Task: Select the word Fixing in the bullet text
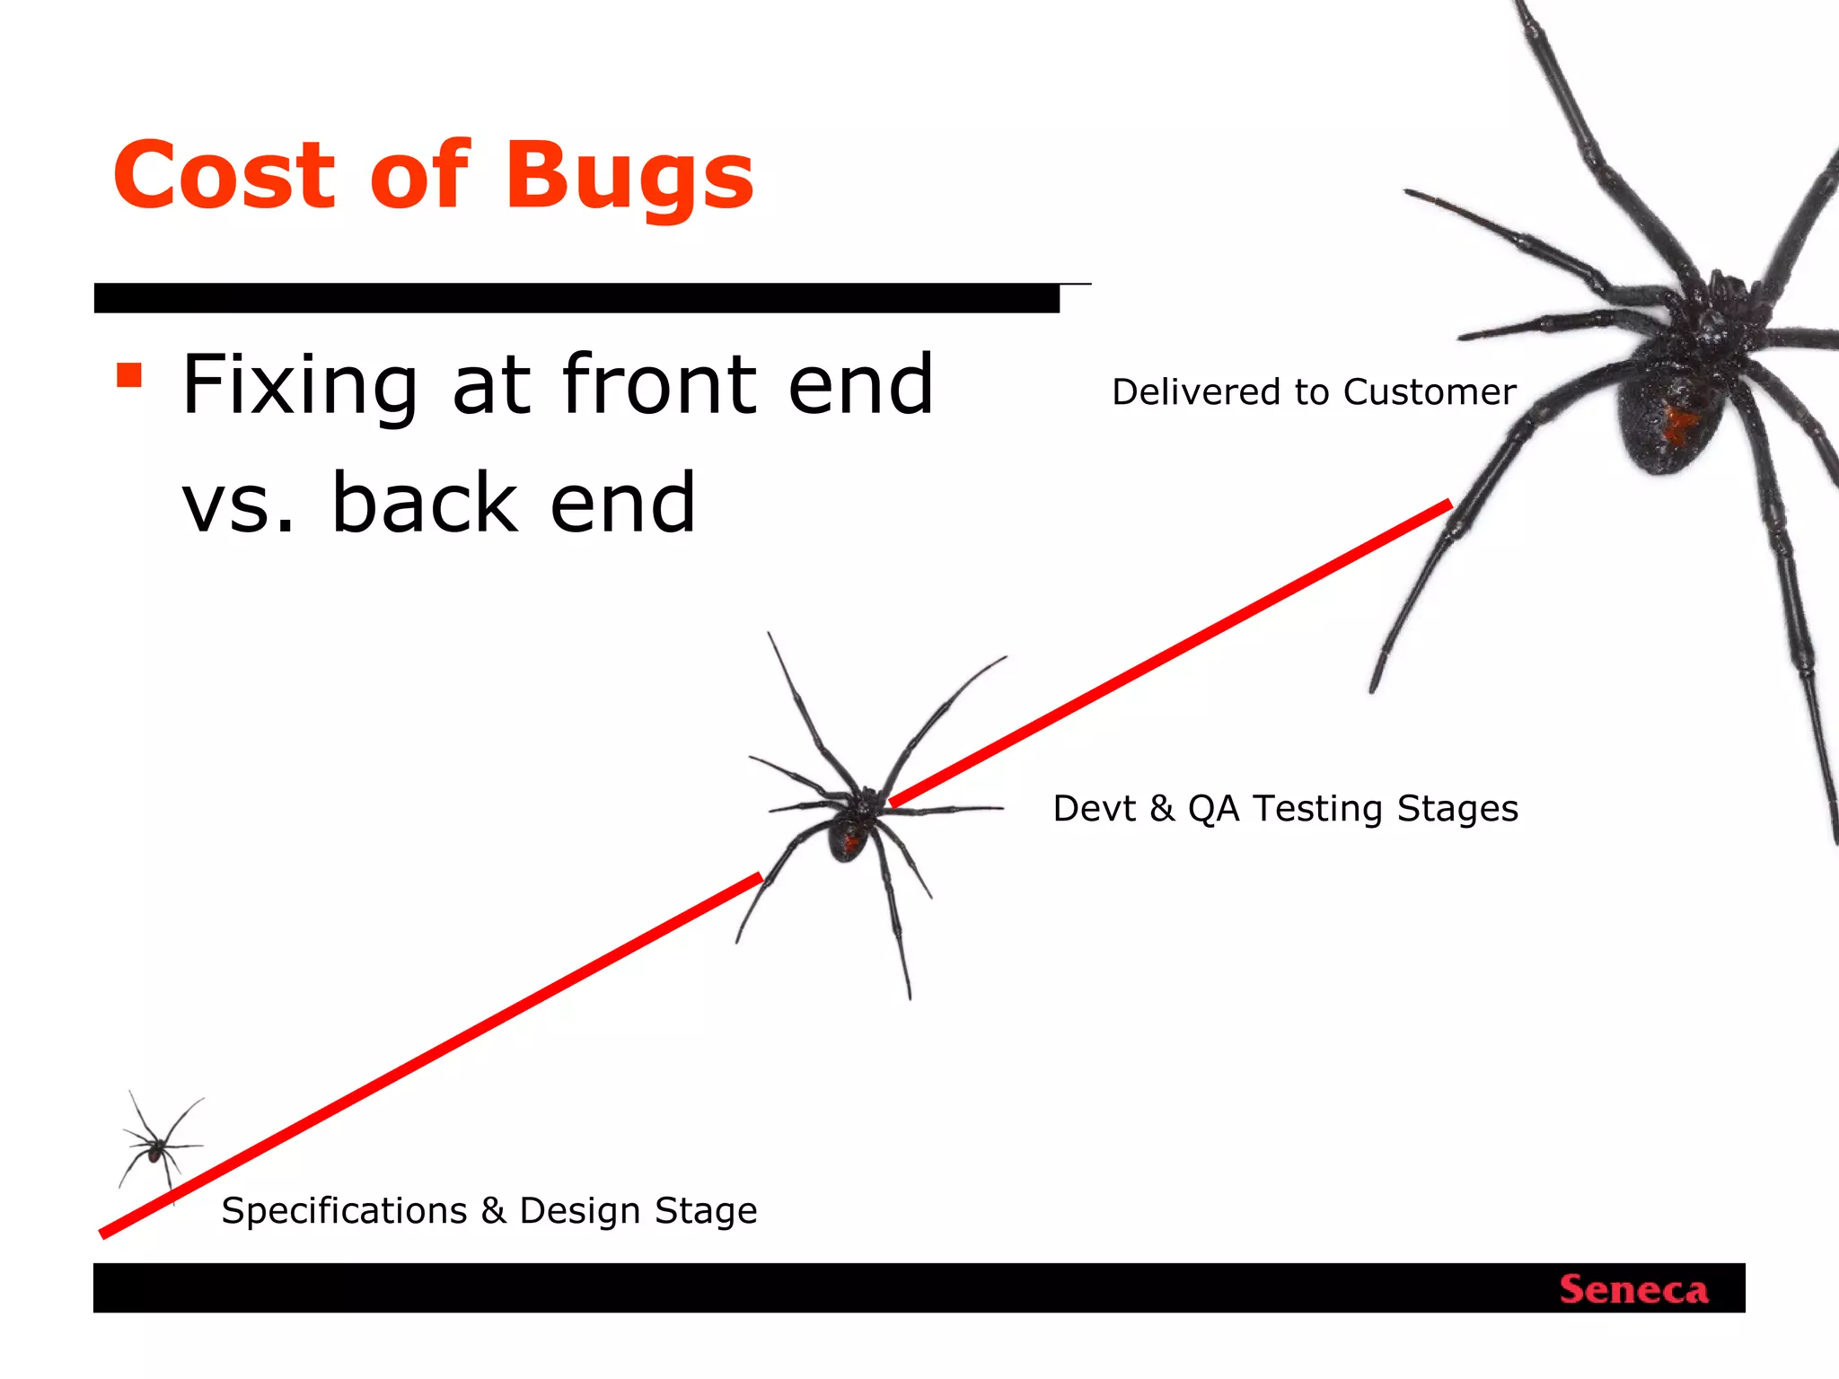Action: click(x=300, y=386)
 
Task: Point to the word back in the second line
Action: click(x=425, y=503)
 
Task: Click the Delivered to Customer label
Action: click(x=1314, y=392)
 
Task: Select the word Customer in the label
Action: click(x=1430, y=392)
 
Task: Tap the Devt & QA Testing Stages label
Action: click(x=1285, y=809)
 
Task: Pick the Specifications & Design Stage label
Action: click(x=489, y=1211)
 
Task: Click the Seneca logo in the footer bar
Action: click(x=1633, y=1290)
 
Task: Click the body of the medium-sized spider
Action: click(x=849, y=835)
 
